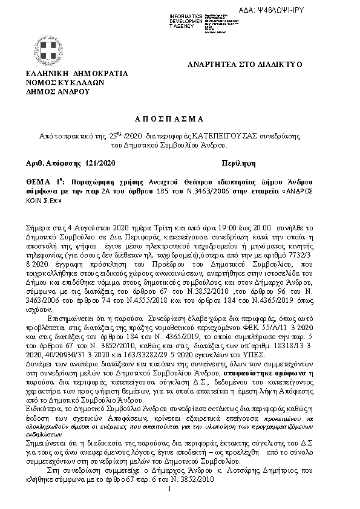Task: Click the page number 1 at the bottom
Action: tap(172, 488)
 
